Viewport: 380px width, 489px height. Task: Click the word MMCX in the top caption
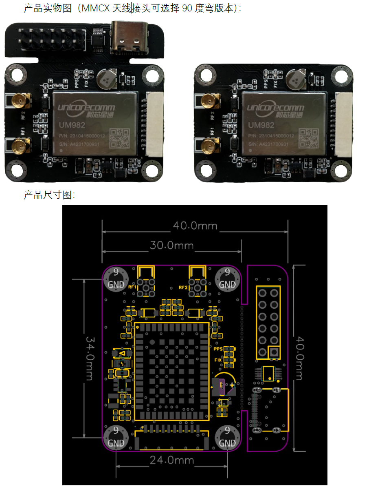96,8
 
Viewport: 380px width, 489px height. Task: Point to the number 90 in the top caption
187,8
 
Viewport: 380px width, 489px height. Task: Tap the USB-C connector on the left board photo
130,38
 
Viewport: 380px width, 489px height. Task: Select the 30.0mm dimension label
171,246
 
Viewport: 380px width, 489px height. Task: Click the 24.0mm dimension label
171,460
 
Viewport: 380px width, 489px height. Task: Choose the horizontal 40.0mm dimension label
195,226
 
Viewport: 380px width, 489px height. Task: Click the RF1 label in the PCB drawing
132,287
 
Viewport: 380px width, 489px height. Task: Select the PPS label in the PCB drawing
218,349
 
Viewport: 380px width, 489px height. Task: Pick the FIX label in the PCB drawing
218,360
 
